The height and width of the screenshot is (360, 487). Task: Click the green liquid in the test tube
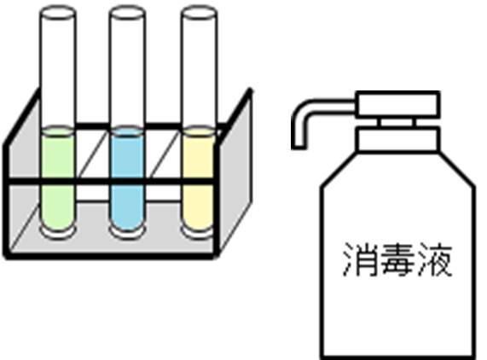pos(57,178)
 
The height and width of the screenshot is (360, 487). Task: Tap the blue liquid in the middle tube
pos(127,178)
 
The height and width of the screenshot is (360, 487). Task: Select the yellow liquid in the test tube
pos(198,178)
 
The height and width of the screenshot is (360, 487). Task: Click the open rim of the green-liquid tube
pos(58,13)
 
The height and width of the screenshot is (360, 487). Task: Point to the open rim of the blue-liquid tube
pos(127,13)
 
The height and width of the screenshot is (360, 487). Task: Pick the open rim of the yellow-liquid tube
pos(199,13)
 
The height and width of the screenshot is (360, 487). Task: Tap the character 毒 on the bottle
pos(397,260)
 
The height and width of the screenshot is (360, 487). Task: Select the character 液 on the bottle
pos(435,260)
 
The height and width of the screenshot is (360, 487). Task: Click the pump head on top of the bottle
pos(397,104)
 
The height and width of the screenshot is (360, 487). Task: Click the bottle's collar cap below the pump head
pos(398,138)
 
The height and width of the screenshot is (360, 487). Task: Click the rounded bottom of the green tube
pos(57,232)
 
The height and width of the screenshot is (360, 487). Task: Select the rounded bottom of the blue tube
pos(127,232)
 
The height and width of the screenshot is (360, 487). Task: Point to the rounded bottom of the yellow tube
pos(198,232)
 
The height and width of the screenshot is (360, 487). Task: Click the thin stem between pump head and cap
pos(397,122)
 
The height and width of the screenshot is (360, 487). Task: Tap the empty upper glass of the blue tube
pos(127,72)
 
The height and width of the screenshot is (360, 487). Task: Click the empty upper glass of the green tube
pos(58,72)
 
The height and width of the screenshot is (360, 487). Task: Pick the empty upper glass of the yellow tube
pos(199,72)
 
